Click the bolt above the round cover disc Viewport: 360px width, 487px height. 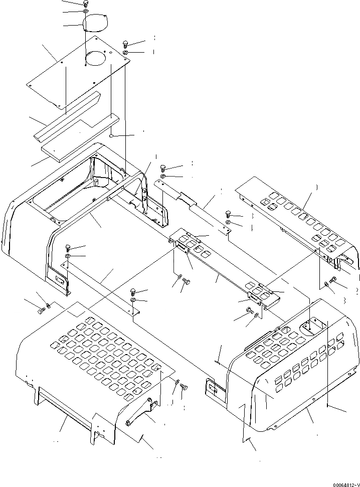85,4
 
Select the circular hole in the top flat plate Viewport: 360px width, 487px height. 95,59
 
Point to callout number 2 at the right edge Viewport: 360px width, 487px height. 356,291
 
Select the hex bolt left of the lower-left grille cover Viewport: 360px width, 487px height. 40,312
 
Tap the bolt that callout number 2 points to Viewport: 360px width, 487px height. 333,282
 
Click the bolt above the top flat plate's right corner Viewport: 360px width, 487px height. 125,44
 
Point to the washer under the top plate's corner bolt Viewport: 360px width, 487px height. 125,53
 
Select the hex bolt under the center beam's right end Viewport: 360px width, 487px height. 249,311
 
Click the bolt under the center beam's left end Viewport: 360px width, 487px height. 187,282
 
